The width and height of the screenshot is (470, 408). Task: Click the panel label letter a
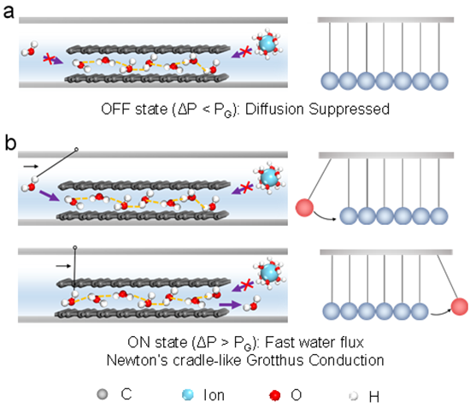click(x=9, y=12)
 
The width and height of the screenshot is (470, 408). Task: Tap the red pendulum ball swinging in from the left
click(x=304, y=207)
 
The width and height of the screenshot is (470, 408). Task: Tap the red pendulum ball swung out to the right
click(x=460, y=306)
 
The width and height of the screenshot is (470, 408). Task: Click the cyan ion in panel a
click(x=267, y=44)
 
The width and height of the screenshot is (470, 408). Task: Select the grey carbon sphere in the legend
click(x=103, y=394)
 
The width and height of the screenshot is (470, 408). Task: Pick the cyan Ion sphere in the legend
click(x=188, y=395)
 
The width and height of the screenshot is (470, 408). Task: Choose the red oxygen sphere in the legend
click(x=275, y=395)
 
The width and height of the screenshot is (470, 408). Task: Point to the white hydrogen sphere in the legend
click(x=354, y=396)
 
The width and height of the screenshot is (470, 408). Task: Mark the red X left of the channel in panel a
click(x=48, y=58)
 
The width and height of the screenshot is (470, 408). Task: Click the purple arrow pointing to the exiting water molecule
click(x=230, y=305)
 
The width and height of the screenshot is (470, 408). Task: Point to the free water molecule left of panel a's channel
click(x=29, y=49)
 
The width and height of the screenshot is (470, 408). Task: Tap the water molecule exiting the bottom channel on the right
click(x=252, y=304)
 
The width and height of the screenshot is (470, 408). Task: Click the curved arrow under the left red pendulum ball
click(x=325, y=216)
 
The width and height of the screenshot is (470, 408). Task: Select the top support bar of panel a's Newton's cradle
click(x=385, y=20)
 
